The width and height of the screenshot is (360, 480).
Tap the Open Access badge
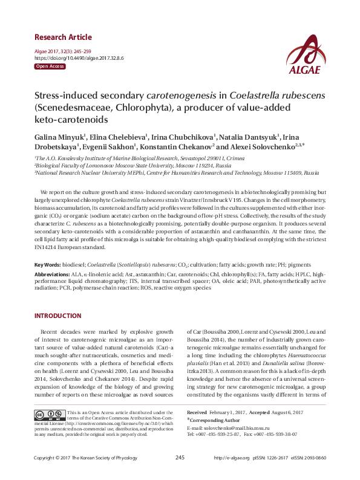(50, 66)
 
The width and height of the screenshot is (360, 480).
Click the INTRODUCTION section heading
(58, 316)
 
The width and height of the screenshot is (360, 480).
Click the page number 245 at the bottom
(180, 458)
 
